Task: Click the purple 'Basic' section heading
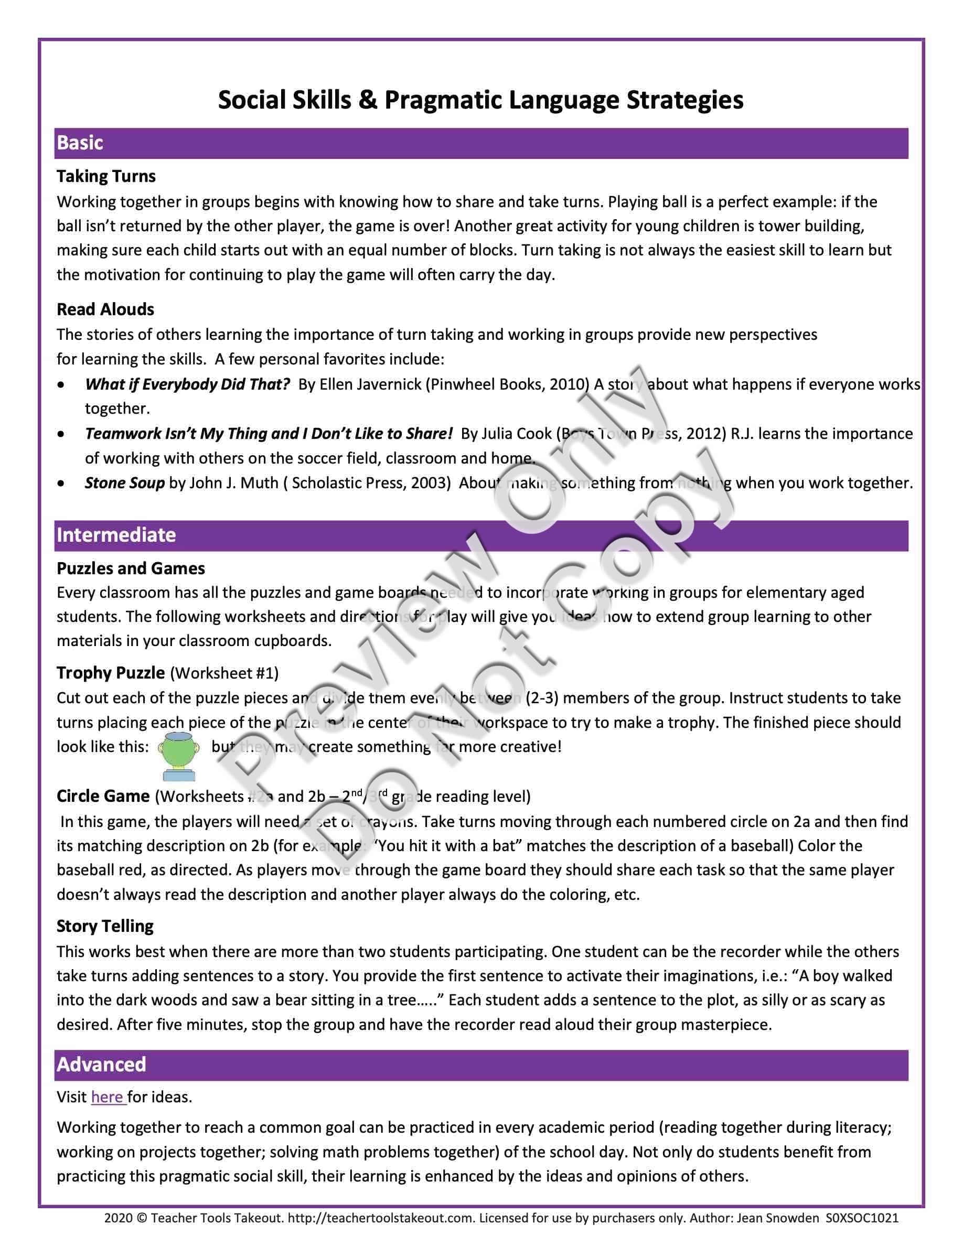tap(80, 143)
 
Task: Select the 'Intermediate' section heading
tap(116, 534)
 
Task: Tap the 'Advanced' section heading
tap(102, 1064)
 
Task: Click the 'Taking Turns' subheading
tap(106, 176)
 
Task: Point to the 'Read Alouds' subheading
tap(105, 309)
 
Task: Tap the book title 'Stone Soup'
tap(125, 482)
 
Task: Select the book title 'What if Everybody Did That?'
tap(188, 384)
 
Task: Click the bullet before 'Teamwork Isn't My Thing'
tap(61, 434)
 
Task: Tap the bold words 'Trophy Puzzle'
tap(111, 673)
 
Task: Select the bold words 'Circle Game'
tap(103, 796)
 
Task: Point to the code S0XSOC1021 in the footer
tap(861, 1218)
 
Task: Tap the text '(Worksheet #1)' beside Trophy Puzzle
tap(224, 673)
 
